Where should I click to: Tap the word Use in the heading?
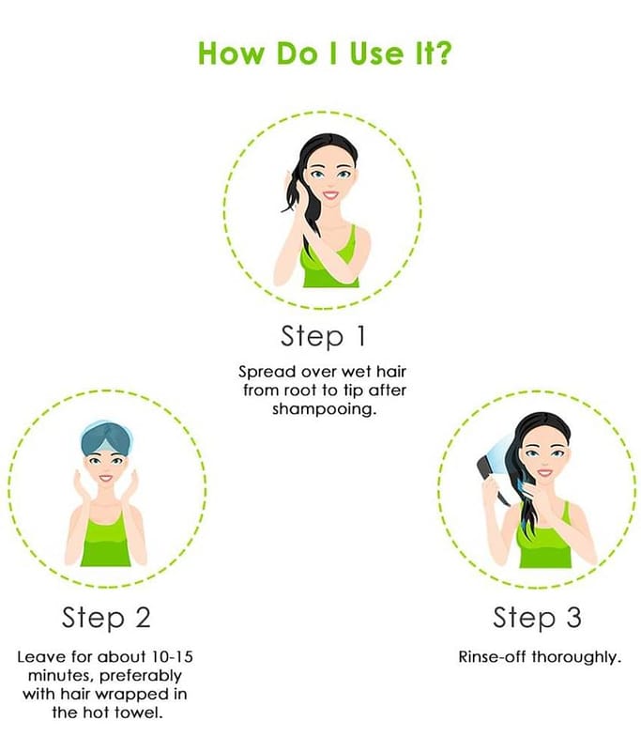[376, 54]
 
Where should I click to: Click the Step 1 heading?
[323, 337]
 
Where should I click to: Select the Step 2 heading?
[106, 618]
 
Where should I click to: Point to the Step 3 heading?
[537, 618]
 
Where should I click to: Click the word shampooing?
[322, 410]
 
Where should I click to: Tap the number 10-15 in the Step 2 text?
[173, 656]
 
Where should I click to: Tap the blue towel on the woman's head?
[107, 437]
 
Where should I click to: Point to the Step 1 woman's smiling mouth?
[330, 195]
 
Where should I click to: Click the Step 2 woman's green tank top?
[105, 541]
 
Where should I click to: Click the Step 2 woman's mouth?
[106, 479]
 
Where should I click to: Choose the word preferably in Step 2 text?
[141, 676]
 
